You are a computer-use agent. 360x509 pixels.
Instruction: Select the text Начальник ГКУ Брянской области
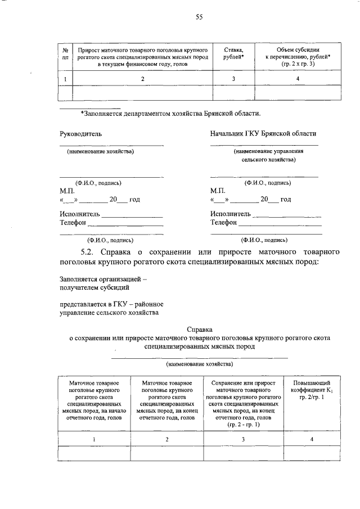[x=263, y=134]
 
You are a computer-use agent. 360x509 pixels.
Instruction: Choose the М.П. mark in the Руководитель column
[x=67, y=191]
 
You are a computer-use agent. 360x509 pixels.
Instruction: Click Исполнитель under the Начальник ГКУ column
[x=231, y=214]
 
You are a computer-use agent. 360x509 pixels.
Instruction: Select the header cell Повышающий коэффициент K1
[x=311, y=390]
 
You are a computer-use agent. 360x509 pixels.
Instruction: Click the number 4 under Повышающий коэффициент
[x=311, y=439]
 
